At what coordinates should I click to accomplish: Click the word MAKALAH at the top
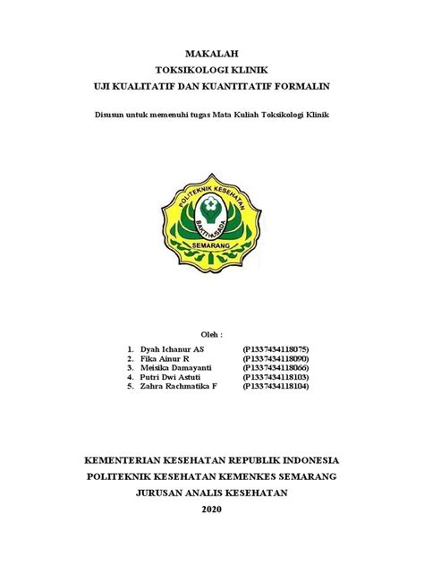pos(211,54)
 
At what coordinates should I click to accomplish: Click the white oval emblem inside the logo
pos(211,207)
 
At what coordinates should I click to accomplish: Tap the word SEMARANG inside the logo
pos(212,243)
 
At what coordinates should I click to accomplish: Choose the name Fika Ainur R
pos(166,357)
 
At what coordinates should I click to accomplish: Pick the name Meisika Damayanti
pos(177,367)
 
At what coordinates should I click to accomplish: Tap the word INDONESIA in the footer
pos(307,460)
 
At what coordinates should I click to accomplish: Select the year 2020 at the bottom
pos(211,510)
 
